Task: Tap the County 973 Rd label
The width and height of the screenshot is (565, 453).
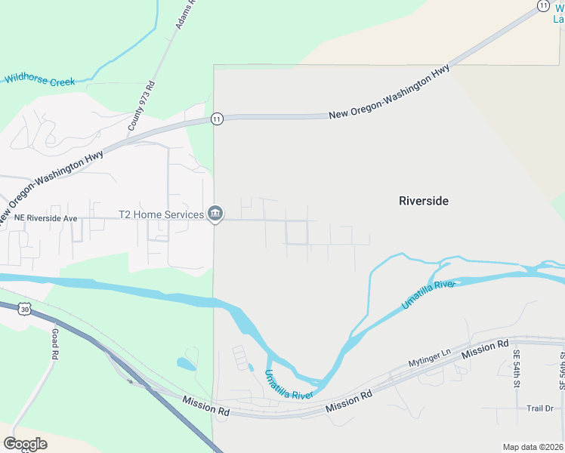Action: [x=141, y=106]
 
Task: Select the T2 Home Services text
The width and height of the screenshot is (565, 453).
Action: [x=161, y=215]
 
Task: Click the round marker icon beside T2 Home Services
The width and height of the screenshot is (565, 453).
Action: [x=215, y=214]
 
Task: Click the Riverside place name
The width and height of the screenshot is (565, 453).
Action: [x=423, y=201]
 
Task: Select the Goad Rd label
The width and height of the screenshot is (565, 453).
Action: [x=54, y=343]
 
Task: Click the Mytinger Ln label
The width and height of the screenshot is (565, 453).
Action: [x=429, y=356]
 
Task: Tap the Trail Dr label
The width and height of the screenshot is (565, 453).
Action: [x=540, y=408]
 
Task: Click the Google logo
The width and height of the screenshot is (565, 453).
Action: [x=25, y=444]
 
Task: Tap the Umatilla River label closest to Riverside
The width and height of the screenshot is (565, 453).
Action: [x=428, y=293]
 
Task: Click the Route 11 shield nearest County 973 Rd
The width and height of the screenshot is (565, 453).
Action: [x=217, y=119]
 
